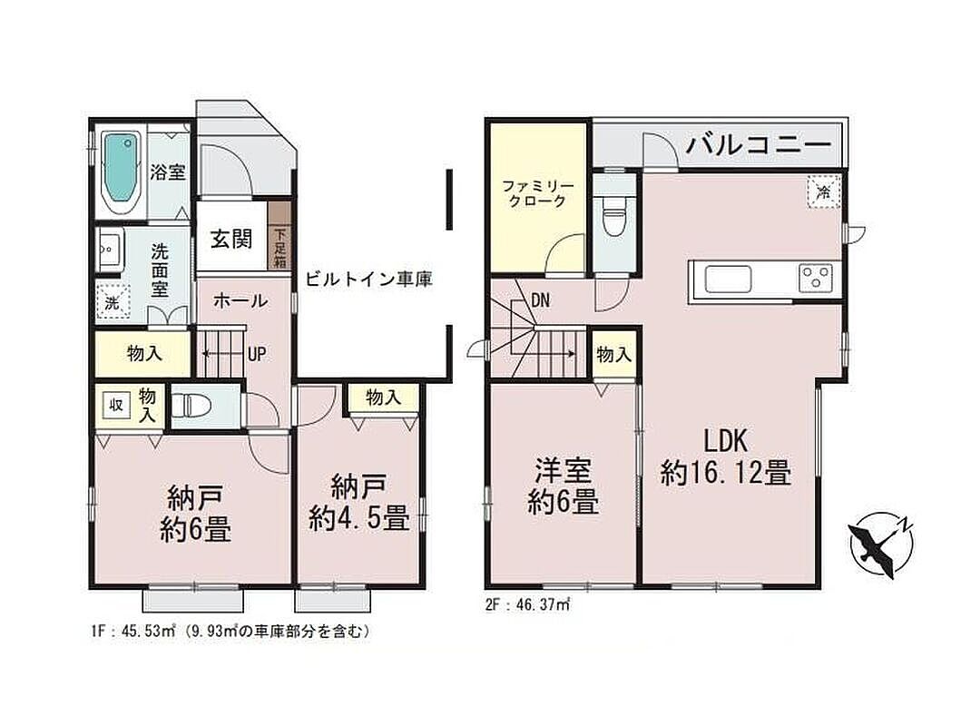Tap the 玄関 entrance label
tap(231, 239)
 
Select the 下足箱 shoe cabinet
tap(279, 235)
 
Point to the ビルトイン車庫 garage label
tap(369, 280)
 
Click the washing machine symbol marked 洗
tap(113, 303)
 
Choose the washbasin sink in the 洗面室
tap(111, 249)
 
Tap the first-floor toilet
tap(191, 405)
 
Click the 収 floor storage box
tap(116, 405)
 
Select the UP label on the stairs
tap(257, 354)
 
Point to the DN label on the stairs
tap(540, 300)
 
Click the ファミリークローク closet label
tap(537, 193)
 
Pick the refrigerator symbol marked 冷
tap(823, 191)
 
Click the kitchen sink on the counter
tap(728, 280)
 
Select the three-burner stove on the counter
tap(816, 278)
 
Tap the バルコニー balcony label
tap(758, 146)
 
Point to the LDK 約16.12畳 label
tap(725, 457)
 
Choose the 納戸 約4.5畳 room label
tap(359, 504)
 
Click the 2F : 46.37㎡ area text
tap(527, 605)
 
